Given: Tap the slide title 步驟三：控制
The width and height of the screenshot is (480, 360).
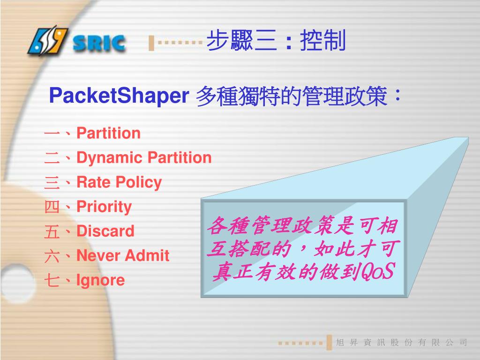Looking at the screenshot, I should pos(276,41).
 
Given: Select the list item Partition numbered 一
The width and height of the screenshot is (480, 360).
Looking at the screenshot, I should pos(108,134).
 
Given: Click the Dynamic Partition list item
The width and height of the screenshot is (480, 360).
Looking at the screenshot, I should pos(144,158).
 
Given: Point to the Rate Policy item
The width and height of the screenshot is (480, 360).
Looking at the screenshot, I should pos(119,182).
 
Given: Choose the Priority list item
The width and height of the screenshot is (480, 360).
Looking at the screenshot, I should pos(104,207).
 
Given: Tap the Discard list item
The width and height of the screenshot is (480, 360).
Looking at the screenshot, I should pos(105,231).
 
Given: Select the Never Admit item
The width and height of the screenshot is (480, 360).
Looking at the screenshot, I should pos(123,255).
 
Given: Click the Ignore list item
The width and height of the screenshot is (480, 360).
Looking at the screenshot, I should pos(101,280).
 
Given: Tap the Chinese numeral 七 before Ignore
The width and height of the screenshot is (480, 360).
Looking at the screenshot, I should pos(51,281).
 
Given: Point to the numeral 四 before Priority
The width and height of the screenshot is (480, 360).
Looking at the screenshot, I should pos(51,207).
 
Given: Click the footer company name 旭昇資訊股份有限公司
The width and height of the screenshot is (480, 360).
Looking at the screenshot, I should pos(402,343).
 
